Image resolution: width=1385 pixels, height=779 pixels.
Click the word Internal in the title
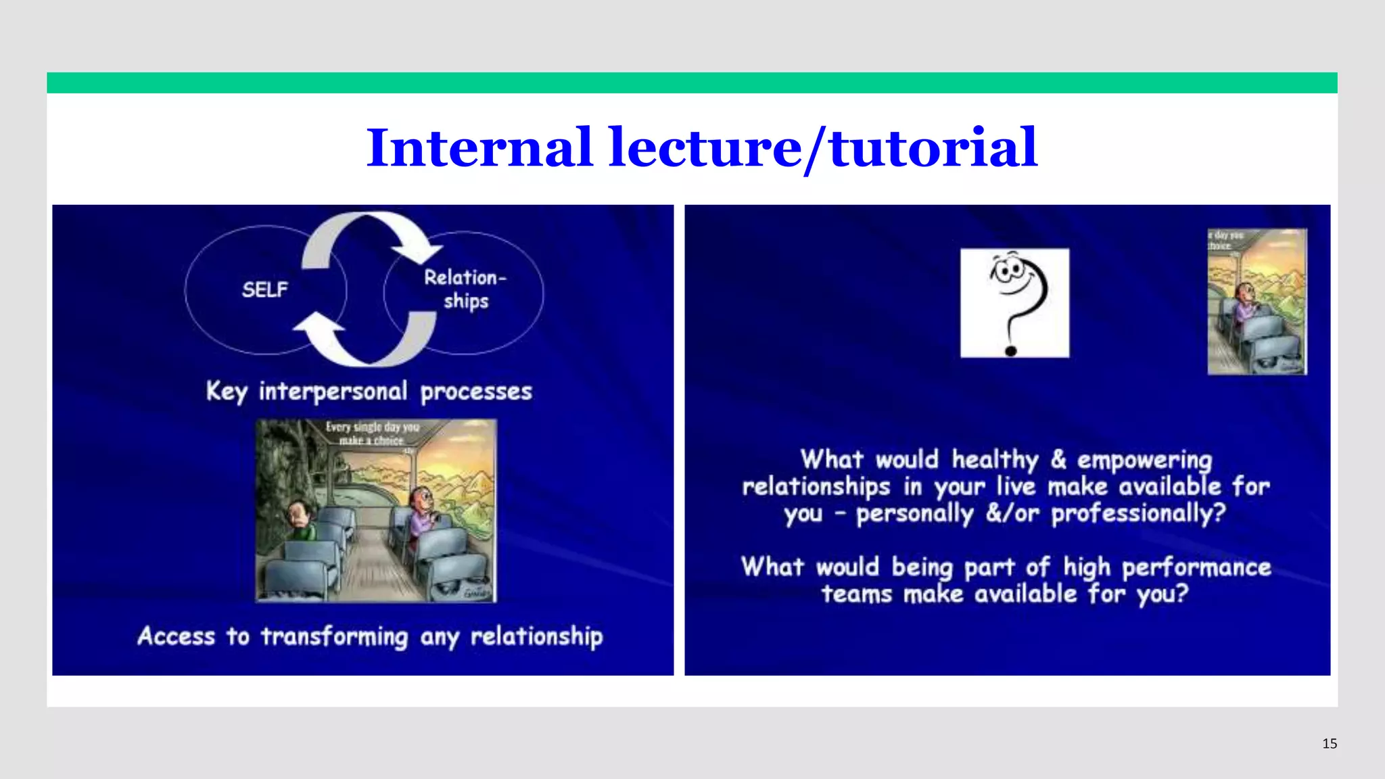(479, 148)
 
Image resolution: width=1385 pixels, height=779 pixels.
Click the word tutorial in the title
(934, 148)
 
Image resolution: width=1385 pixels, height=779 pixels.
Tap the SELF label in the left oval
(264, 290)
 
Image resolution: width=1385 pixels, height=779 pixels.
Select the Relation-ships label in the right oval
(465, 289)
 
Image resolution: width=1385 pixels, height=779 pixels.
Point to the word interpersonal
(333, 392)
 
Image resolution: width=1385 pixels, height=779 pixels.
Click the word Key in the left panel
(226, 392)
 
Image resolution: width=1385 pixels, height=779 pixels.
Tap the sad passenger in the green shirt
(300, 520)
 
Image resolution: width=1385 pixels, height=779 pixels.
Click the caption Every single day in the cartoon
(372, 427)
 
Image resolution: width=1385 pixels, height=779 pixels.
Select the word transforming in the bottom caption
(335, 637)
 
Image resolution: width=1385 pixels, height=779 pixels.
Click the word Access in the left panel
(176, 637)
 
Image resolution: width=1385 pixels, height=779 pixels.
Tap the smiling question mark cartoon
(1014, 302)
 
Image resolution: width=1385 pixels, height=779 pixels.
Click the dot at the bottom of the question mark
(1011, 350)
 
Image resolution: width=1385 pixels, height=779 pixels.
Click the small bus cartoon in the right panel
(1257, 302)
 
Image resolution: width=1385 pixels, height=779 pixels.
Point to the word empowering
(1144, 461)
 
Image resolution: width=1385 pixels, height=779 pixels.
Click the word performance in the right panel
(1196, 567)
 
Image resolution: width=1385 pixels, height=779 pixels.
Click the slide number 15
(1329, 744)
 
